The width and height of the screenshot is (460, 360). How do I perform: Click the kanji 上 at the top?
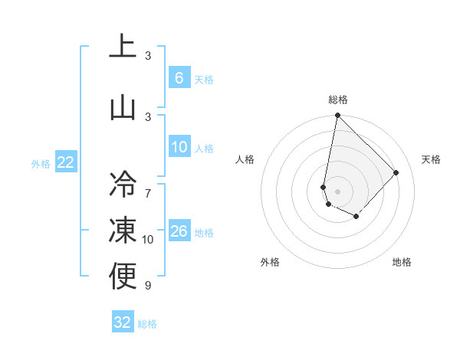(123, 46)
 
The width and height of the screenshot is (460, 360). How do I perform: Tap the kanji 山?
(123, 107)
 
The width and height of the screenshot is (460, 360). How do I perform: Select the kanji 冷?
(123, 184)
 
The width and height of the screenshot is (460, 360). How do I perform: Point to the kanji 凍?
(123, 230)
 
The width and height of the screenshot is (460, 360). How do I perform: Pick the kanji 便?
(123, 277)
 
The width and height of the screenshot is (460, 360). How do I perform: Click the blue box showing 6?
(179, 78)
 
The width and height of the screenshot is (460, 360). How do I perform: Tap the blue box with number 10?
(179, 148)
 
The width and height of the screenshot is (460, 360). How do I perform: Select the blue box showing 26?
(179, 231)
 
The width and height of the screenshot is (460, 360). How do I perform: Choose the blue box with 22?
(65, 162)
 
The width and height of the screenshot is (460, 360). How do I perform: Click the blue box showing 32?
(122, 322)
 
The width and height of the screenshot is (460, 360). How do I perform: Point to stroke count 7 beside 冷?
(148, 185)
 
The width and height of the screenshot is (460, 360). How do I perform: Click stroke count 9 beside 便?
(148, 286)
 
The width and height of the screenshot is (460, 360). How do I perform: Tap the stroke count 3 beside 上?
(148, 56)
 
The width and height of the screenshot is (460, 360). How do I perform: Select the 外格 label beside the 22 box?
(41, 163)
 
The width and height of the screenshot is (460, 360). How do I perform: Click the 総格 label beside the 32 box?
(147, 324)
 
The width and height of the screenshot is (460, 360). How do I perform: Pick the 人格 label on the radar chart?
(245, 159)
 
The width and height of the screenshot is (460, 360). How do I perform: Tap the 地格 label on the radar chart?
(402, 262)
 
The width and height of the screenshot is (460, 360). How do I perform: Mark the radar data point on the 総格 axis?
(337, 116)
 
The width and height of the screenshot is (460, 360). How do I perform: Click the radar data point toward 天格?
(396, 172)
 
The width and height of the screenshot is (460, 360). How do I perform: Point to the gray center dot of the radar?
(337, 191)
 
